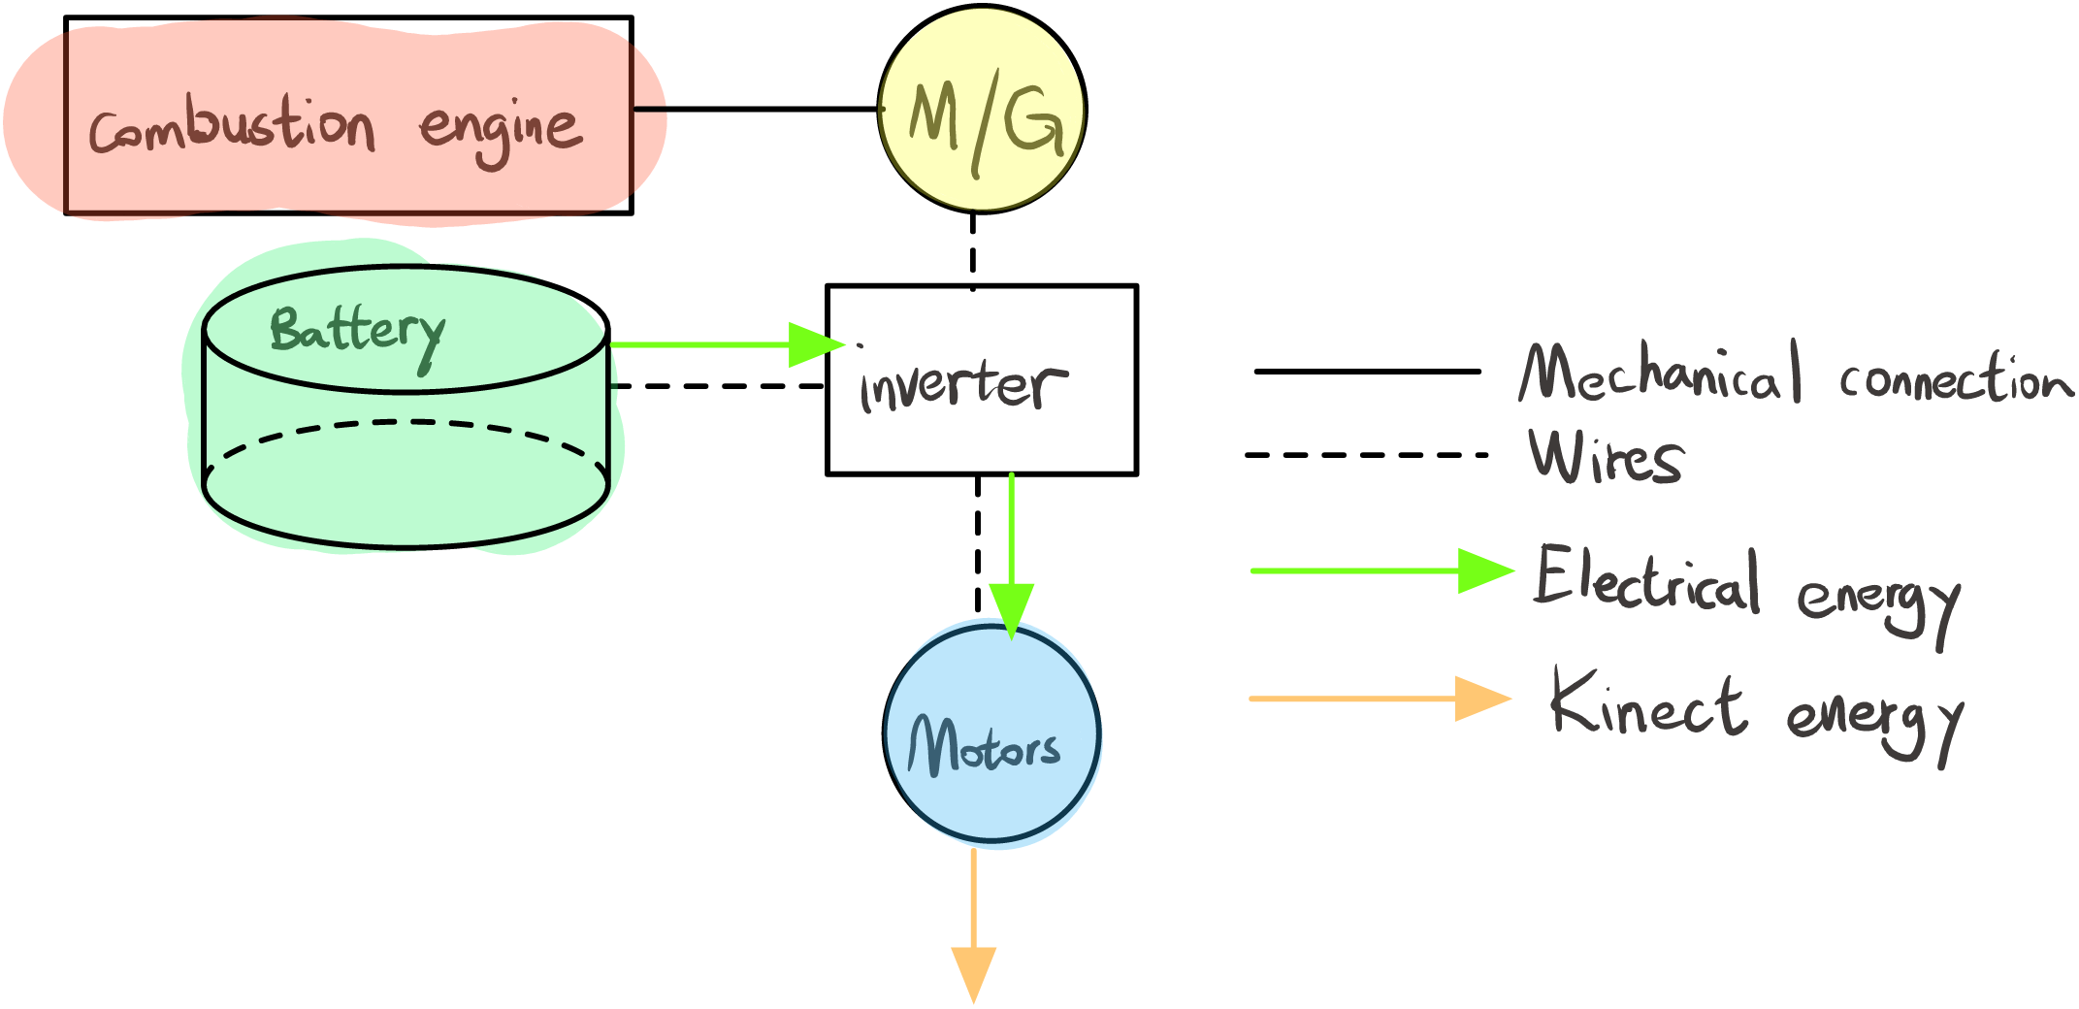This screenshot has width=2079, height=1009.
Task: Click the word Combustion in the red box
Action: click(232, 126)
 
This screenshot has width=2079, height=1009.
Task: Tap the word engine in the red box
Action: click(502, 133)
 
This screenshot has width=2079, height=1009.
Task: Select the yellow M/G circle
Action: click(982, 109)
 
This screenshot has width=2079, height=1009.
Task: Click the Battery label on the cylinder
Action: click(358, 335)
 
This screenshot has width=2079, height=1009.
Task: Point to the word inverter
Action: click(964, 384)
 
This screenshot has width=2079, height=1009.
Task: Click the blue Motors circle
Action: click(991, 733)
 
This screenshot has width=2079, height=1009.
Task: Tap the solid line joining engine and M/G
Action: click(756, 109)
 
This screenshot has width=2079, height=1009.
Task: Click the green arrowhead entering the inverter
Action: click(817, 344)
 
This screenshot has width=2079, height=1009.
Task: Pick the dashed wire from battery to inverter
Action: click(717, 386)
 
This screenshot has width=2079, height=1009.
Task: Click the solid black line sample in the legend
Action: click(1368, 371)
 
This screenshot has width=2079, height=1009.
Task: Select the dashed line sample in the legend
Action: click(1367, 454)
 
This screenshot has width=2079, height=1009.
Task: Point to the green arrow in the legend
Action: click(1383, 570)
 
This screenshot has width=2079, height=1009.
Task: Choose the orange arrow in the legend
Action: click(1381, 699)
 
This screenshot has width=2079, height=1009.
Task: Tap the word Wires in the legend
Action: click(1606, 456)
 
